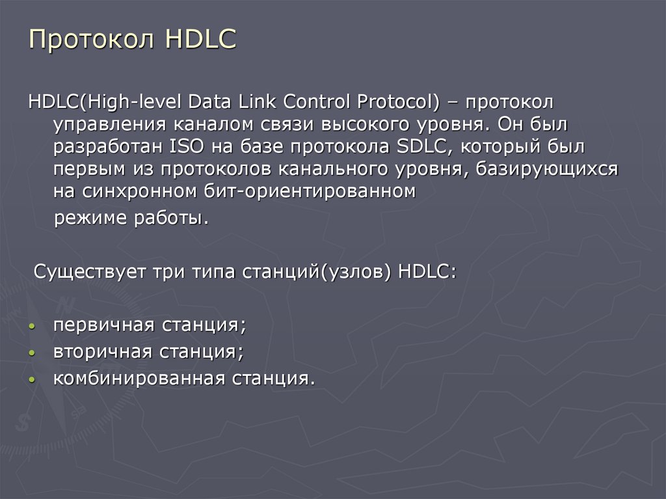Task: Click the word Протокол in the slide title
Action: click(x=90, y=40)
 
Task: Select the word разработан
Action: click(x=107, y=148)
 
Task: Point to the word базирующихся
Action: click(x=547, y=170)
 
